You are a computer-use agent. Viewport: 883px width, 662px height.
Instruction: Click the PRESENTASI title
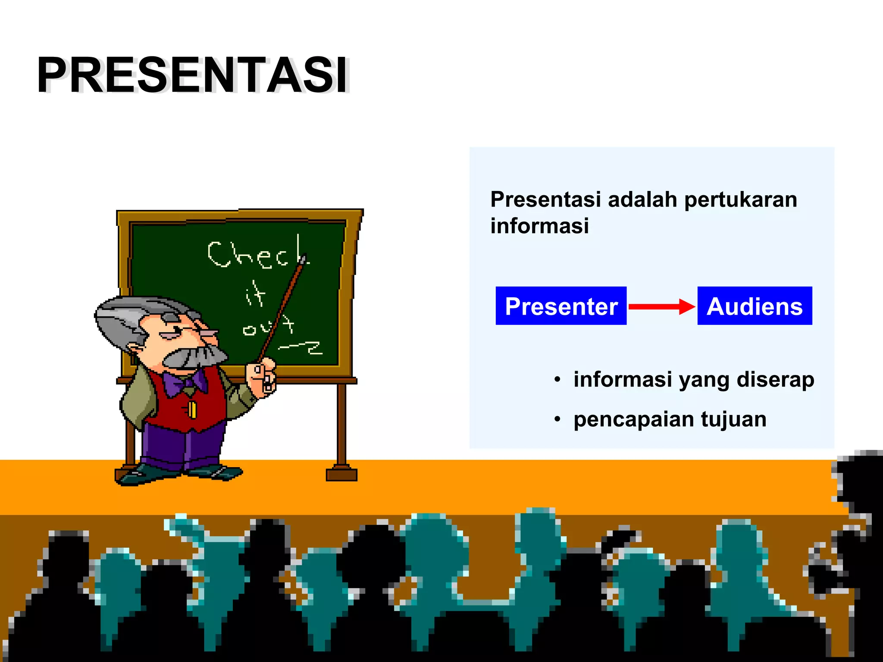pyautogui.click(x=193, y=75)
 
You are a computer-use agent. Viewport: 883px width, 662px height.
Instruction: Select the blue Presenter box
pyautogui.click(x=561, y=306)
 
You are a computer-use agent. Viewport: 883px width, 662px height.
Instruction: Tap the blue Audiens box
pyautogui.click(x=755, y=306)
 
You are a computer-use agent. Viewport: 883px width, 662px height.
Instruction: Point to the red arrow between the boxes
pyautogui.click(x=661, y=306)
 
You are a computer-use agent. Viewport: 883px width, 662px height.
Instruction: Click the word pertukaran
pyautogui.click(x=740, y=200)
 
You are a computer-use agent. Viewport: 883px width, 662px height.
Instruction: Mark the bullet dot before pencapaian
pyautogui.click(x=557, y=419)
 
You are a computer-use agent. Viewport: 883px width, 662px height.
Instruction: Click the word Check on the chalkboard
pyautogui.click(x=257, y=254)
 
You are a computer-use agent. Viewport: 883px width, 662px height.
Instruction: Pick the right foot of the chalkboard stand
pyautogui.click(x=341, y=474)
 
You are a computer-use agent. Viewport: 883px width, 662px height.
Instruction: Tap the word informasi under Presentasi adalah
pyautogui.click(x=539, y=226)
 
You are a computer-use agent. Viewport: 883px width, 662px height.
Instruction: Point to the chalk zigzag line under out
pyautogui.click(x=302, y=347)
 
